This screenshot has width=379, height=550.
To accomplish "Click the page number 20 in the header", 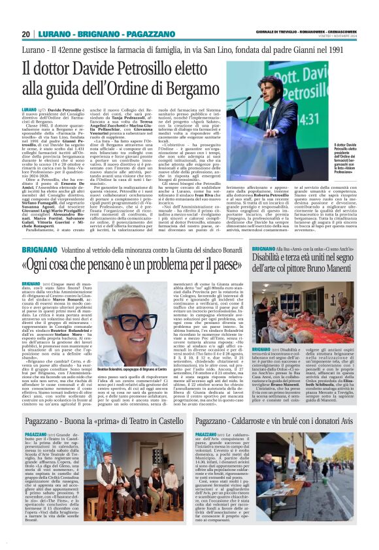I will coord(25,34).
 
